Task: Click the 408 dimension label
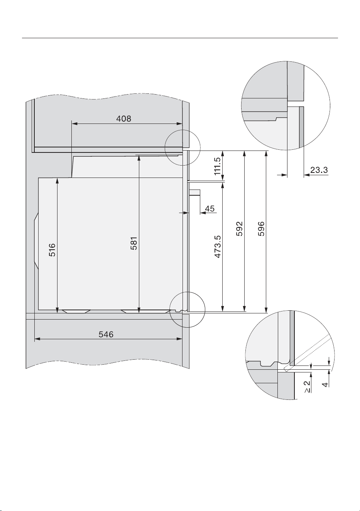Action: [123, 118]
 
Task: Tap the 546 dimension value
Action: [106, 335]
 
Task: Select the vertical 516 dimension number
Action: [52, 250]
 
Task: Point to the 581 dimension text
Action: [134, 244]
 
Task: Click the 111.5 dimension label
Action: [217, 166]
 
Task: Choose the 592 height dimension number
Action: [239, 228]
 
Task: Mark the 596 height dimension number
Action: [261, 228]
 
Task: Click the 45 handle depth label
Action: [210, 208]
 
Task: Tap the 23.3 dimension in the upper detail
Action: [319, 170]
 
